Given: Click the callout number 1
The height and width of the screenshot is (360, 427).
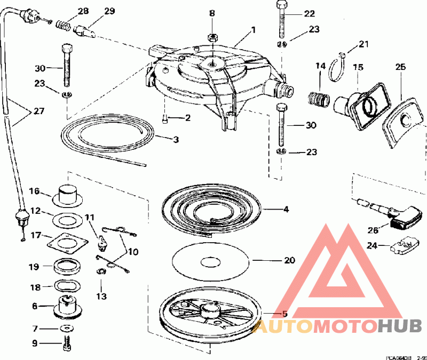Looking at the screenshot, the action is [254, 30].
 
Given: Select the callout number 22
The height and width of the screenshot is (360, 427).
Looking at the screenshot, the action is [310, 13].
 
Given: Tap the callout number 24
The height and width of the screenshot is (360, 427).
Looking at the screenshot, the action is [373, 245].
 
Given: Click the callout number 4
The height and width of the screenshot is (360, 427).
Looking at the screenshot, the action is [287, 210].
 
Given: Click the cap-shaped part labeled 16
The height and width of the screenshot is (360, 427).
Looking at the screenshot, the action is [67, 194].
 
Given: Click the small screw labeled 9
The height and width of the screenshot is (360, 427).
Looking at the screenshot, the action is [67, 345].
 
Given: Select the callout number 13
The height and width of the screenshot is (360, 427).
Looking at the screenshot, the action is [101, 295].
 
